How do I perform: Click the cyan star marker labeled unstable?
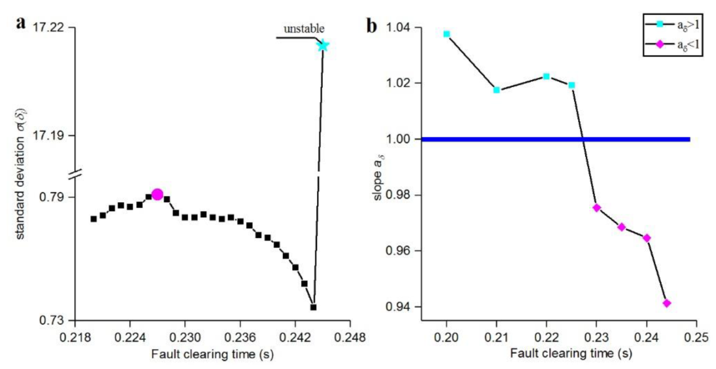[323, 45]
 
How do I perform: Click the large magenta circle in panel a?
[157, 194]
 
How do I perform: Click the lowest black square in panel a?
[313, 307]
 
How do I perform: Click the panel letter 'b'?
[371, 26]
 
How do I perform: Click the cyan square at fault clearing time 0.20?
[447, 34]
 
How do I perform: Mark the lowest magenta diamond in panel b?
[667, 303]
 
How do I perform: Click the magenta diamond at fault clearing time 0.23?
[597, 208]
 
